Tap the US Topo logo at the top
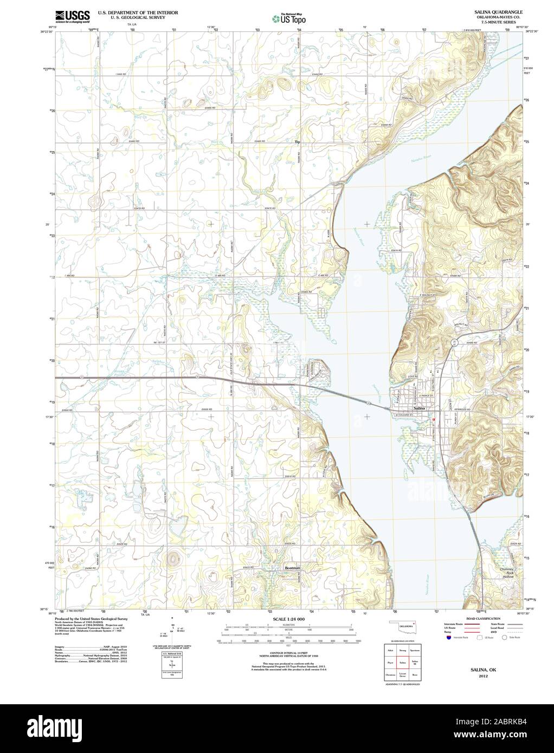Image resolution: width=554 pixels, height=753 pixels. coord(289,18)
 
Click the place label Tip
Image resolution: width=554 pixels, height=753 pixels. coord(297,142)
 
